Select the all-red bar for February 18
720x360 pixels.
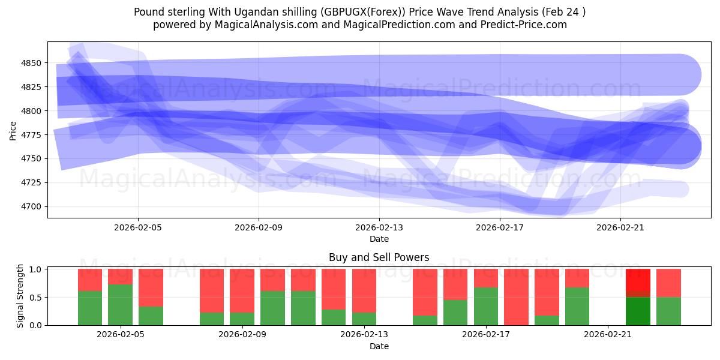pos(516,297)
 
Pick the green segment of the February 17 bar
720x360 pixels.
pos(486,306)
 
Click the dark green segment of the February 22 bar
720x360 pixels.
pos(638,311)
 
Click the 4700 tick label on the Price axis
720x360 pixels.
pos(31,206)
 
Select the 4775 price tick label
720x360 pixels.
pos(31,135)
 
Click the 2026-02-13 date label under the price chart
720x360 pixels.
pos(379,227)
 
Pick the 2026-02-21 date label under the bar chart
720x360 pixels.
pos(608,335)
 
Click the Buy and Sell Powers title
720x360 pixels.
pos(379,257)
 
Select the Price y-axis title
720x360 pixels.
pos(13,130)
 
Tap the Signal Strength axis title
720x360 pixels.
pos(20,296)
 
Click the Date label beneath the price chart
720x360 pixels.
pos(379,239)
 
